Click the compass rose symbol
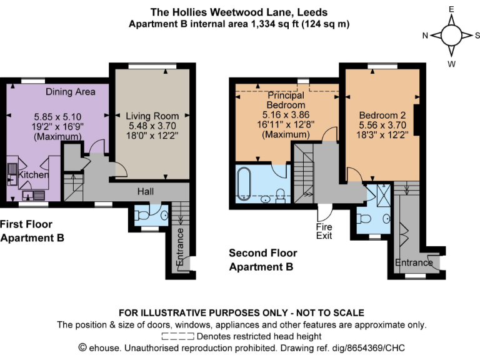451,36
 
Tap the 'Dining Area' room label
70,92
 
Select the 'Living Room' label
152,116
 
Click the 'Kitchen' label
33,175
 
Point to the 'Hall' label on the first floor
144,191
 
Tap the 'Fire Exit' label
324,231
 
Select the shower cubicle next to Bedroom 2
383,194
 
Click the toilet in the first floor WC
143,216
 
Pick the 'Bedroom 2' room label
382,116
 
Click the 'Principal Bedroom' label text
286,101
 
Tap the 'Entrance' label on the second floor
414,262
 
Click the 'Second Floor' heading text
262,253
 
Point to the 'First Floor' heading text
26,224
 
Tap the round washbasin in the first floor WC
164,216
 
